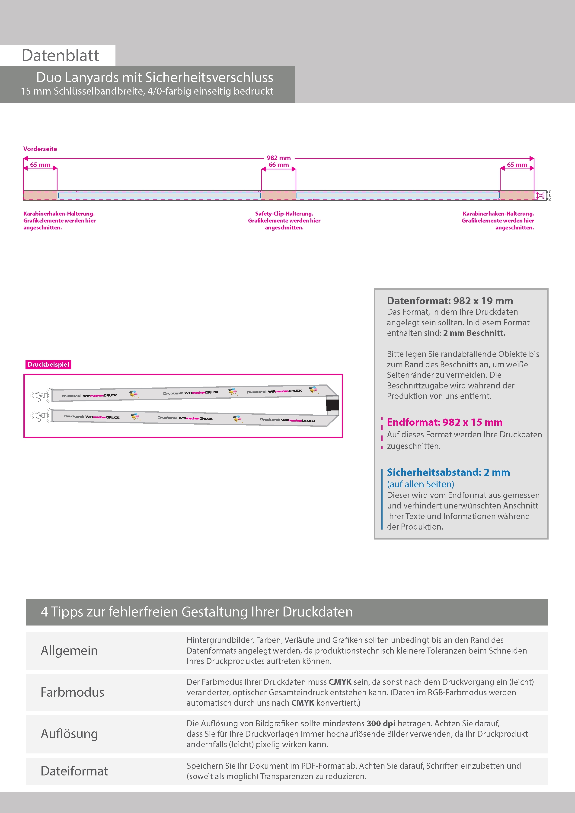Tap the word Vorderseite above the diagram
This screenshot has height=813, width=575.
[40, 149]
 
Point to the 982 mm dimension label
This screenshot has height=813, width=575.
[278, 158]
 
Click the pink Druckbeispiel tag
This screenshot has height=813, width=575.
[48, 364]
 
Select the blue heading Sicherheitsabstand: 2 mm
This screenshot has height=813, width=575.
[448, 472]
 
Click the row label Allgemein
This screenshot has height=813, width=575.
[69, 651]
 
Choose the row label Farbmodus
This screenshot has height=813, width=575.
[72, 692]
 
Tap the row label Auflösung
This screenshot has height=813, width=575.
[69, 733]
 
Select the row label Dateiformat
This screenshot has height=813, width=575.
[74, 771]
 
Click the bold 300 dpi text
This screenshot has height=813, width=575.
[381, 723]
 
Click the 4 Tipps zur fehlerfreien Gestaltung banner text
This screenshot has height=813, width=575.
[197, 612]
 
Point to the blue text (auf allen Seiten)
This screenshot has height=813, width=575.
[421, 484]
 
